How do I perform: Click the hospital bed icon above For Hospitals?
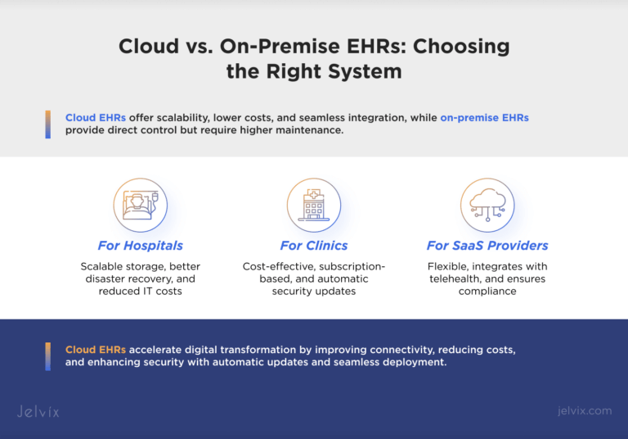[140, 205]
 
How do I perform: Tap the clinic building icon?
[314, 205]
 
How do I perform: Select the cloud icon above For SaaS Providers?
[487, 205]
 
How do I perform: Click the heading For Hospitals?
[140, 246]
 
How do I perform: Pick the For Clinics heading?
[314, 246]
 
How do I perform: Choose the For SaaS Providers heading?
[487, 246]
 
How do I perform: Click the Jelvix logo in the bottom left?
[38, 411]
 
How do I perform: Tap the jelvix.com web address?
[581, 411]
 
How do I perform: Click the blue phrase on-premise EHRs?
[484, 118]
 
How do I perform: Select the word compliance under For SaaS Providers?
[487, 291]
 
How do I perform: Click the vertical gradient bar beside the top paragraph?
[48, 124]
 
